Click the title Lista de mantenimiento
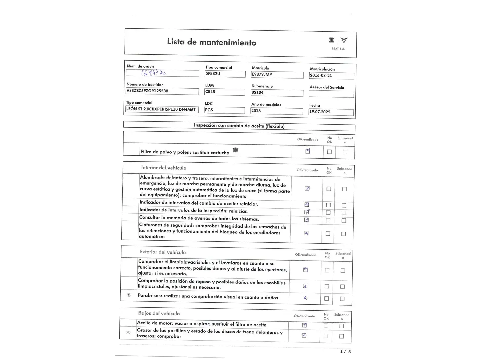[x=211, y=42]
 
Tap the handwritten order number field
[x=162, y=73]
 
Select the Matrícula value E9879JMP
[x=277, y=75]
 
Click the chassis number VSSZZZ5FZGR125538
[x=162, y=91]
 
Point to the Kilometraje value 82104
[x=277, y=93]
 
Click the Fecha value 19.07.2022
[x=331, y=112]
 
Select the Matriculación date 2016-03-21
[x=331, y=76]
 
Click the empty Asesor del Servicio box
[x=331, y=94]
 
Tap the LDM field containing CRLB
[x=224, y=92]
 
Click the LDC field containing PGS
[x=224, y=110]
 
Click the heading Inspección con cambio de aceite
[x=239, y=126]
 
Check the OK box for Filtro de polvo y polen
[x=308, y=151]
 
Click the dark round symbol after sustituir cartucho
[x=235, y=150]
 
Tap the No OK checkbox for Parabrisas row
[x=326, y=299]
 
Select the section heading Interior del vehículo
[x=163, y=168]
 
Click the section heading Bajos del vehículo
[x=159, y=313]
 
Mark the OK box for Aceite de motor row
[x=304, y=325]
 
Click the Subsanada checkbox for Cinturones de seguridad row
[x=343, y=234]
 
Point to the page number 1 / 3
[x=345, y=352]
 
